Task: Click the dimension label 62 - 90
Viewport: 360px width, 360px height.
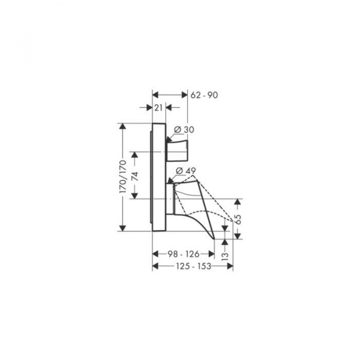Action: (x=204, y=95)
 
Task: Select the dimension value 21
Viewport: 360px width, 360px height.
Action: (x=158, y=107)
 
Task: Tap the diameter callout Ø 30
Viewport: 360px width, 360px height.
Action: (x=184, y=130)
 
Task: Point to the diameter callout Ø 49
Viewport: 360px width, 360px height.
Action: (x=186, y=171)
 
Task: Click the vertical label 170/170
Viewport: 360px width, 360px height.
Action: (x=123, y=176)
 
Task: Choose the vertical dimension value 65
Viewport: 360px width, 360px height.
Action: (x=238, y=219)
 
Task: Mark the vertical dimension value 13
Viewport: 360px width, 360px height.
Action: (x=225, y=256)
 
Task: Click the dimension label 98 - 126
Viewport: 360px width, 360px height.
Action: (x=183, y=254)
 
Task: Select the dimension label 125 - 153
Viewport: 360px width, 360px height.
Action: (x=193, y=266)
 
